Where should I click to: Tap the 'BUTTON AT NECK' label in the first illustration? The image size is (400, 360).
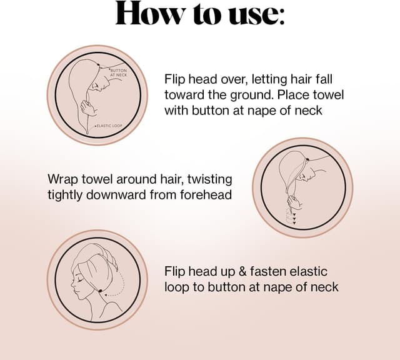click(x=118, y=73)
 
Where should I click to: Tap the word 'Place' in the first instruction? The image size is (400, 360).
click(x=299, y=96)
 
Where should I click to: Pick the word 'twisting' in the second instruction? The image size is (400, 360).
click(x=209, y=179)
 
